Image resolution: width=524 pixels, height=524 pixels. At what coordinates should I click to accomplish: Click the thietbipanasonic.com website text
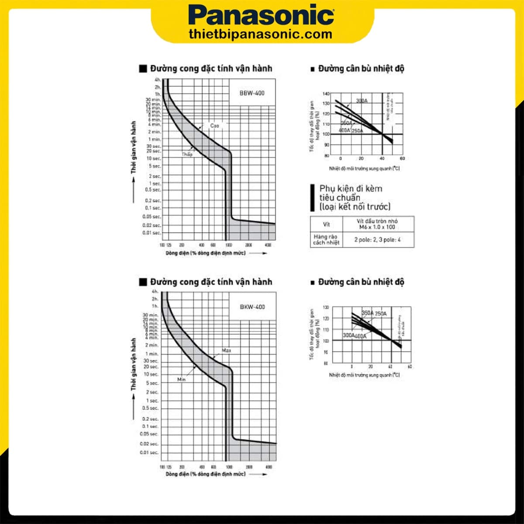click(x=261, y=34)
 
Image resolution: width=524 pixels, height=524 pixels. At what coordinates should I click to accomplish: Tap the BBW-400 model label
click(x=252, y=93)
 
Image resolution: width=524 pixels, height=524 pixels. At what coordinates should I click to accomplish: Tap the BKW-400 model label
click(x=252, y=307)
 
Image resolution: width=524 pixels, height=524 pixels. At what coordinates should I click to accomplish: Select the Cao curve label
click(x=214, y=126)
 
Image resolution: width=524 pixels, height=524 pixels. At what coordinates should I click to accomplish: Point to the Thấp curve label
click(x=187, y=154)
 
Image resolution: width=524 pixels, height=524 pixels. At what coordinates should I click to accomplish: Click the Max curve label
click(x=226, y=351)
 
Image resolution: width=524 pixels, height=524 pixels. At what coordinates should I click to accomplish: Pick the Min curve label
click(x=182, y=379)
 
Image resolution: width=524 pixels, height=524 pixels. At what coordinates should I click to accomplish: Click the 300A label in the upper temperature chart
click(x=362, y=101)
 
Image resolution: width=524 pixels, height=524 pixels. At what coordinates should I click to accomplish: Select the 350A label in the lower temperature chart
click(x=368, y=313)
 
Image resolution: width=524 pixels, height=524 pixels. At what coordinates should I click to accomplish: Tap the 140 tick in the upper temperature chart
click(x=326, y=94)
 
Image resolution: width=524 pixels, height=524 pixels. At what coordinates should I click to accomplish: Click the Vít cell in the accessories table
click(x=326, y=224)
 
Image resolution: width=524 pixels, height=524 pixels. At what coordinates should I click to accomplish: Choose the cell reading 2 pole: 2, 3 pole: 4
click(x=377, y=240)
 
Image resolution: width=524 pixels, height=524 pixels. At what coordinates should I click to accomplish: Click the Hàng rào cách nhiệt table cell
click(x=326, y=239)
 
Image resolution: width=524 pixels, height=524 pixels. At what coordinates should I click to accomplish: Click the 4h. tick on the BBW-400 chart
click(x=158, y=80)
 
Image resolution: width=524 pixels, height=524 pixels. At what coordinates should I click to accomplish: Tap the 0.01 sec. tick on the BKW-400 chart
click(x=149, y=452)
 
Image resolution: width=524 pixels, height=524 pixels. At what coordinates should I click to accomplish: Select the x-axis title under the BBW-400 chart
click(x=205, y=253)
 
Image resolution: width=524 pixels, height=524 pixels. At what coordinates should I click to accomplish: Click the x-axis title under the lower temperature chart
click(x=364, y=375)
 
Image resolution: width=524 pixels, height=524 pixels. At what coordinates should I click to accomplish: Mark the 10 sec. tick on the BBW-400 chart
click(x=154, y=159)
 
